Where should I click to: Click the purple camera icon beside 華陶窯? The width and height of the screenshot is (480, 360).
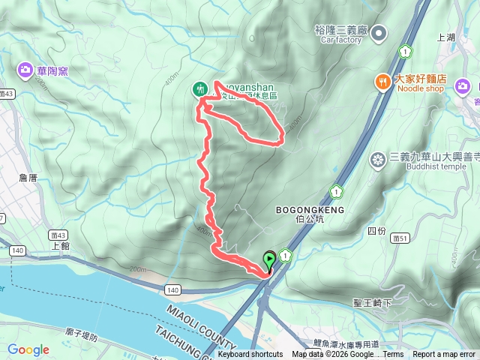24,70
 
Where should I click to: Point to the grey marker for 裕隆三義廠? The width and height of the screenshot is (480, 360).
379,32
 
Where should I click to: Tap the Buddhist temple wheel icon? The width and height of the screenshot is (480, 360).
378,158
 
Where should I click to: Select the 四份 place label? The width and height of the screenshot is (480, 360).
376,230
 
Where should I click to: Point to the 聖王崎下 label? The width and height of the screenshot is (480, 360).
373,302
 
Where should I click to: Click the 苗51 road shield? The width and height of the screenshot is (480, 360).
399,238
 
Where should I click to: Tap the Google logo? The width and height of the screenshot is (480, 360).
28,349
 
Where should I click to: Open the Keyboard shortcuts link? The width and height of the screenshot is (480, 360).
250,355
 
